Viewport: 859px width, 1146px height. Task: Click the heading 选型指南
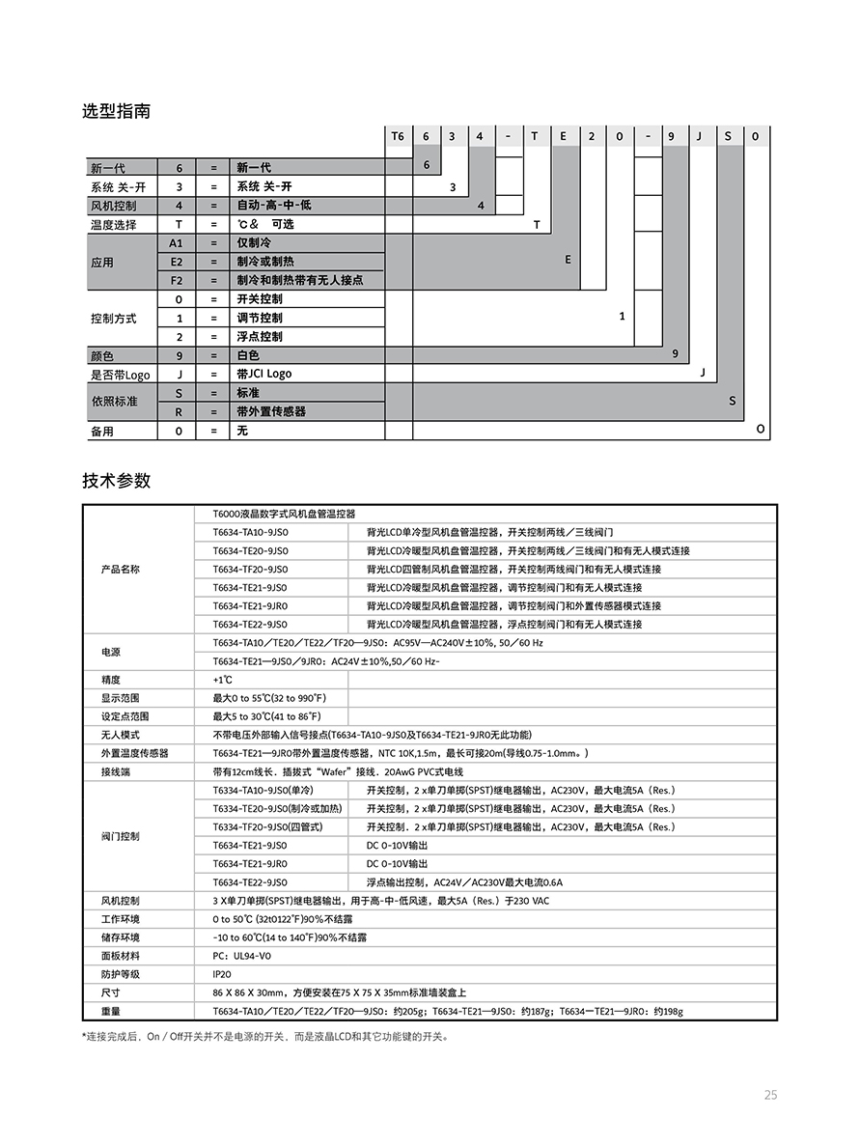(x=116, y=111)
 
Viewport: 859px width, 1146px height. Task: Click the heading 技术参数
(x=116, y=481)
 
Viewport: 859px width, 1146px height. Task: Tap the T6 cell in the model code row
(x=398, y=136)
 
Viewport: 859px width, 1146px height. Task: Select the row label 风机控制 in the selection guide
(x=113, y=206)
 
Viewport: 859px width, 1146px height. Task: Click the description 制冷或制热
(x=265, y=262)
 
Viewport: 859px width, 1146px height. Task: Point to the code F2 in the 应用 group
(x=177, y=280)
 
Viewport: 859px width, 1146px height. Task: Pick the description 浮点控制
(x=260, y=337)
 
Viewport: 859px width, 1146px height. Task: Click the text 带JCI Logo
(x=264, y=374)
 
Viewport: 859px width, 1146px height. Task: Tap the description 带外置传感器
(x=271, y=411)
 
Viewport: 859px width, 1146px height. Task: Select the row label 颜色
(x=101, y=355)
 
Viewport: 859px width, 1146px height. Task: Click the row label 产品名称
(x=121, y=570)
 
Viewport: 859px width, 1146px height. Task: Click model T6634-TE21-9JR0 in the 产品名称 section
(x=250, y=606)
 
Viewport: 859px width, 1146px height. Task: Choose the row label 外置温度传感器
(x=134, y=753)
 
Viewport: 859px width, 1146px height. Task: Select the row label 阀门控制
(x=121, y=836)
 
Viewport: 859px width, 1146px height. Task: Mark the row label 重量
(x=110, y=1011)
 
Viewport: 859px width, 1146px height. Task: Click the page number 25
(x=769, y=1095)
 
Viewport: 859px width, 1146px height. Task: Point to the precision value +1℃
(x=223, y=680)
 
